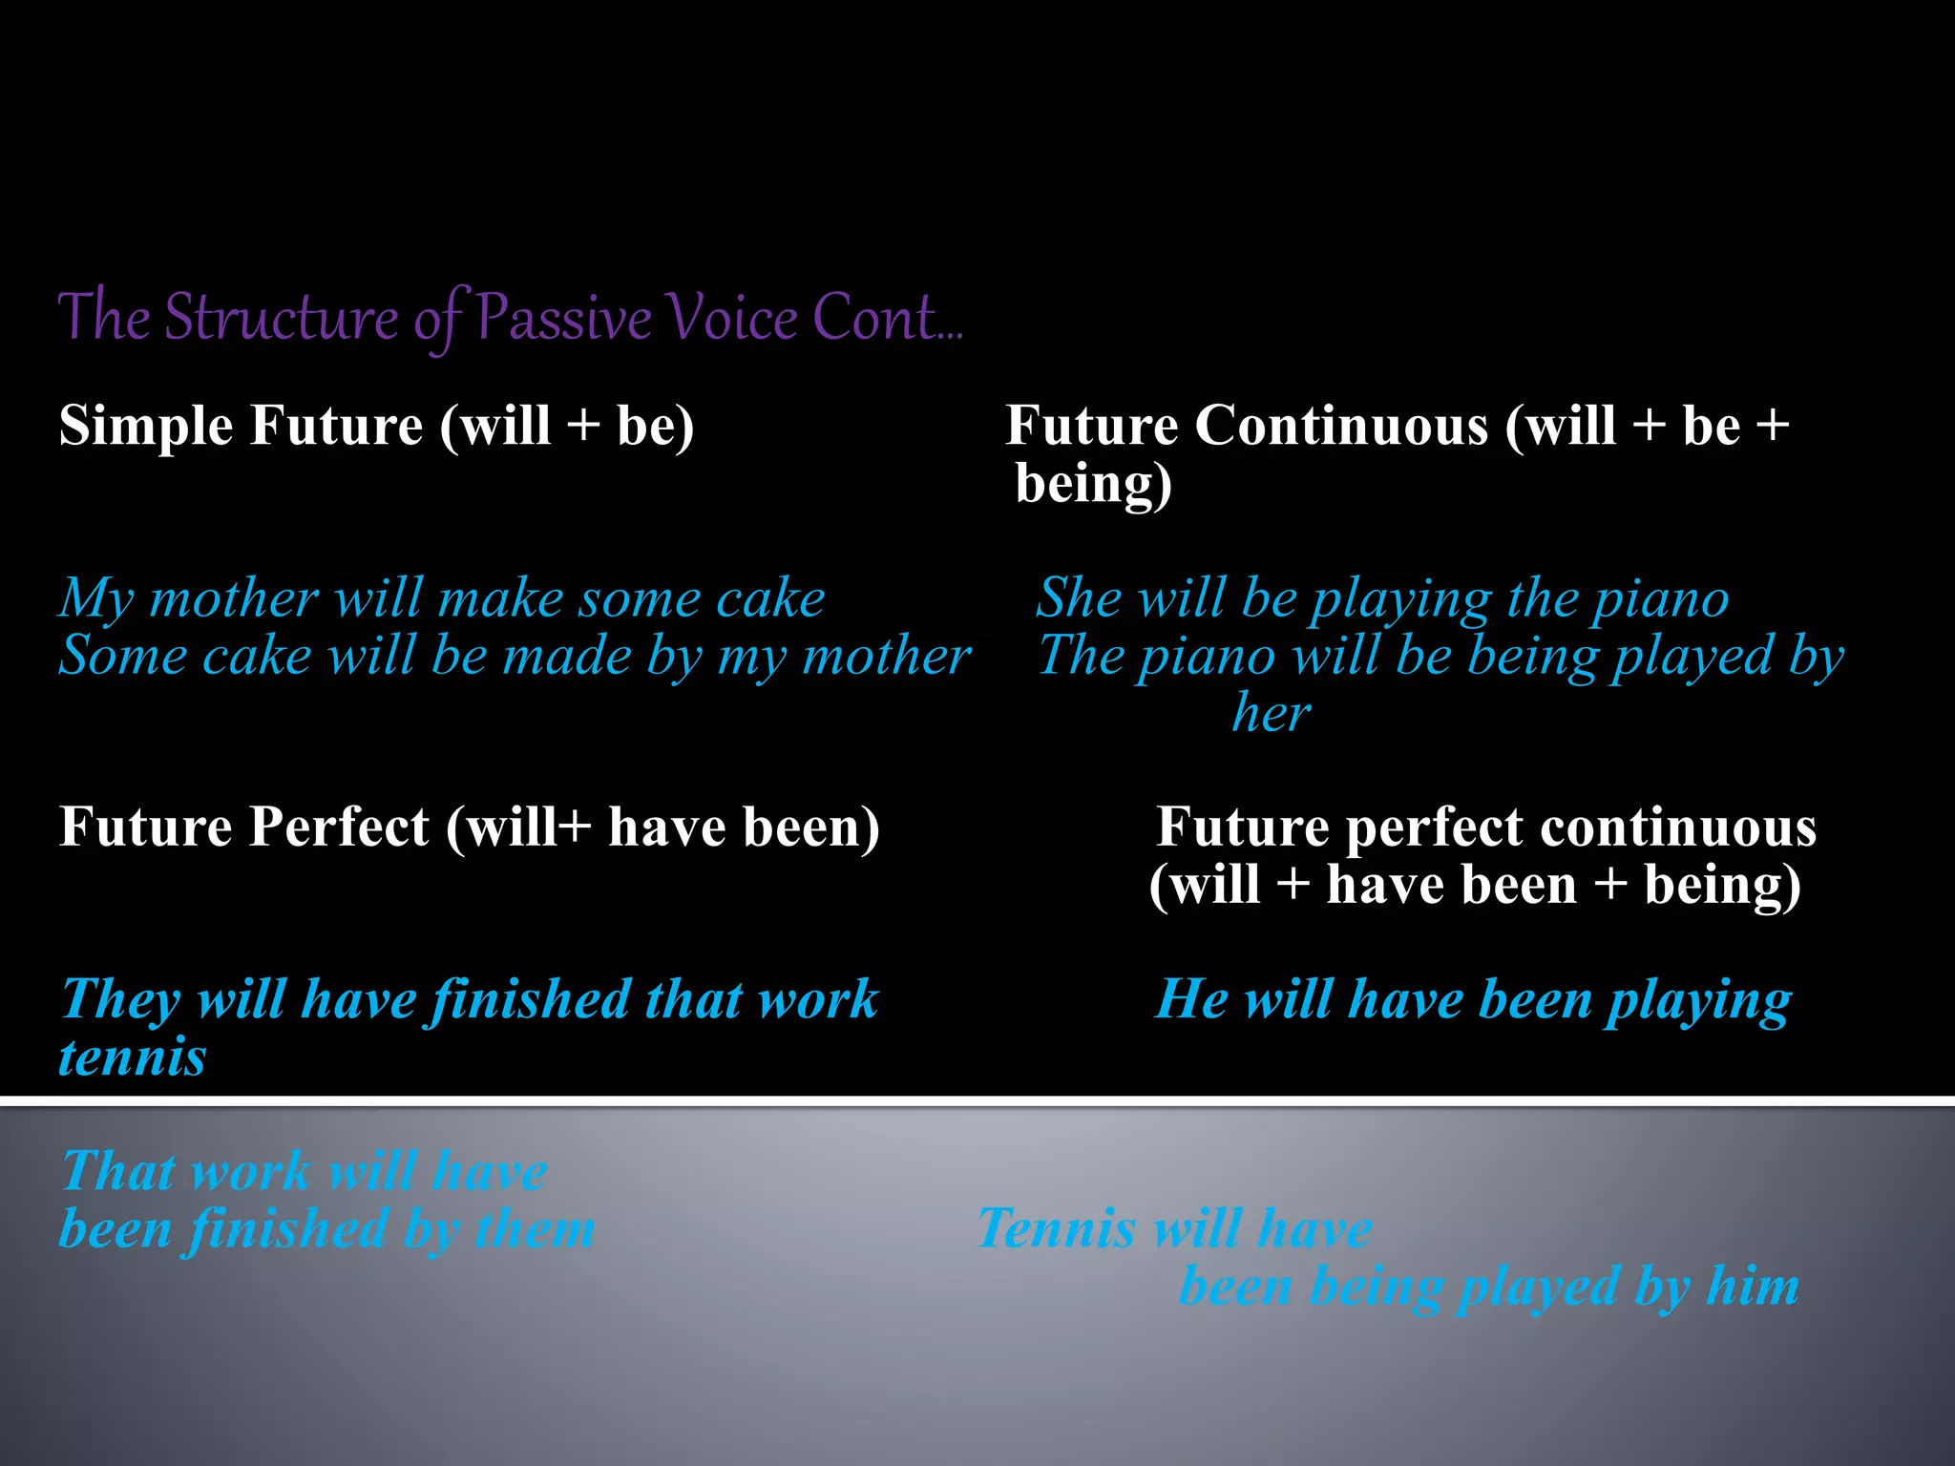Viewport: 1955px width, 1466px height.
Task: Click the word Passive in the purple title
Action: [563, 318]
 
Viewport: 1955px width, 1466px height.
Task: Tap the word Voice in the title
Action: [730, 318]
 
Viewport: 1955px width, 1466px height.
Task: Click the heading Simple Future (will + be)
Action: [376, 426]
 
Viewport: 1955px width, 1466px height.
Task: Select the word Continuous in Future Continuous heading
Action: [1341, 426]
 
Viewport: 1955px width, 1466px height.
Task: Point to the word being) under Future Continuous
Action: [1093, 484]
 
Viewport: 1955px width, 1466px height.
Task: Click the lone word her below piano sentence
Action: [1272, 714]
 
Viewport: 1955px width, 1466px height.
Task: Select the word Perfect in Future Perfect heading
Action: [341, 827]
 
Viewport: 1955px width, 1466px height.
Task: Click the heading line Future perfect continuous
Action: [1485, 827]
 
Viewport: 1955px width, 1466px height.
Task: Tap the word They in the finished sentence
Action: [120, 1000]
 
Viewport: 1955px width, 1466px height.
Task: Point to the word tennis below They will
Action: [132, 1058]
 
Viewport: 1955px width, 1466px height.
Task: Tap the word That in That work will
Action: [119, 1171]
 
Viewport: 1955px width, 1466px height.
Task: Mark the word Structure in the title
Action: [281, 318]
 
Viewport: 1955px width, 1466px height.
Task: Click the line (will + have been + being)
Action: [1475, 885]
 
